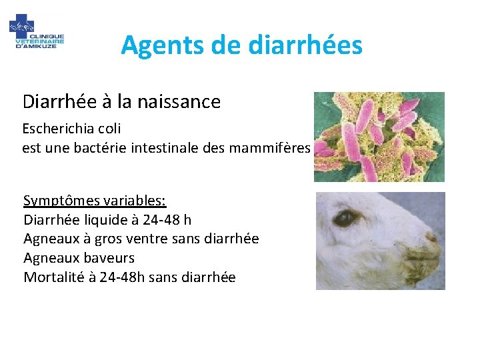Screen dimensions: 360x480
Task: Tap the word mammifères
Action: point(269,148)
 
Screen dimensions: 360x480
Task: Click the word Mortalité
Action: point(52,277)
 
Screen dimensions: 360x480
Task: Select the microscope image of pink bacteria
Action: point(379,137)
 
